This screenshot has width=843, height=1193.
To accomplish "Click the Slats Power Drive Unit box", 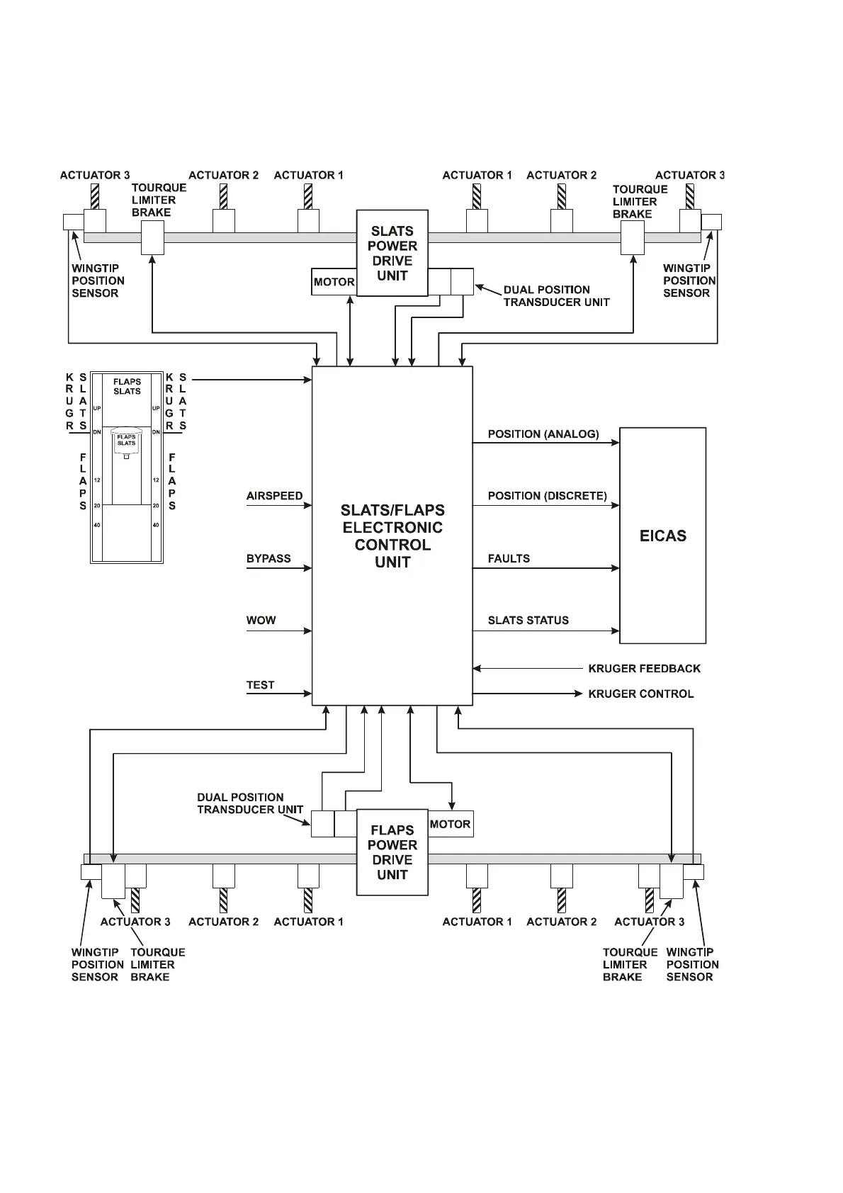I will (x=392, y=253).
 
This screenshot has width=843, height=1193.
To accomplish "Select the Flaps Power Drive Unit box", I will (x=392, y=852).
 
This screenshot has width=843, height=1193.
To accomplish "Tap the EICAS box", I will (x=662, y=536).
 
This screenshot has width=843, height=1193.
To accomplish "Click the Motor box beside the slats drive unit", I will (x=334, y=282).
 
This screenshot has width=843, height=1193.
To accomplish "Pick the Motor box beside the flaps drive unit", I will (x=451, y=824).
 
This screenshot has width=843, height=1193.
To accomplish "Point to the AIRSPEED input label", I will (x=274, y=496).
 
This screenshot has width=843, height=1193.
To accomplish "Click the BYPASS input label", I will (x=268, y=558).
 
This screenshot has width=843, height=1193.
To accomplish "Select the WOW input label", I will (x=261, y=621).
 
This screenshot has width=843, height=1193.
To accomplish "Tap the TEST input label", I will (x=260, y=685).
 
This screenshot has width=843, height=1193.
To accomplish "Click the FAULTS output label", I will (x=509, y=558).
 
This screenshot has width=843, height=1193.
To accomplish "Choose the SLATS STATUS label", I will (x=528, y=621).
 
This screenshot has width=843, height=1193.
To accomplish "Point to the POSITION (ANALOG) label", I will (x=543, y=434).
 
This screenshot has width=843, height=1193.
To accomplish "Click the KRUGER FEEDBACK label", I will (x=644, y=669).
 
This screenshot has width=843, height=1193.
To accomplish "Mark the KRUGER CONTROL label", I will (x=640, y=694).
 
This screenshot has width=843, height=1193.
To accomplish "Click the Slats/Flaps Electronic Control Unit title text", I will (x=392, y=536).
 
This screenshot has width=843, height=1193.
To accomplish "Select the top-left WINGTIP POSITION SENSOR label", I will (x=98, y=281).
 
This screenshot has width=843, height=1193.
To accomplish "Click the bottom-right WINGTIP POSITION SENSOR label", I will (x=691, y=964).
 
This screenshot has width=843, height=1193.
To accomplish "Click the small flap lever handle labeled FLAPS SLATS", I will (x=127, y=441).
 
